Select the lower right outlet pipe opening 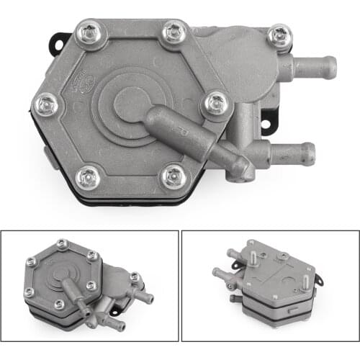[x=307, y=153]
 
